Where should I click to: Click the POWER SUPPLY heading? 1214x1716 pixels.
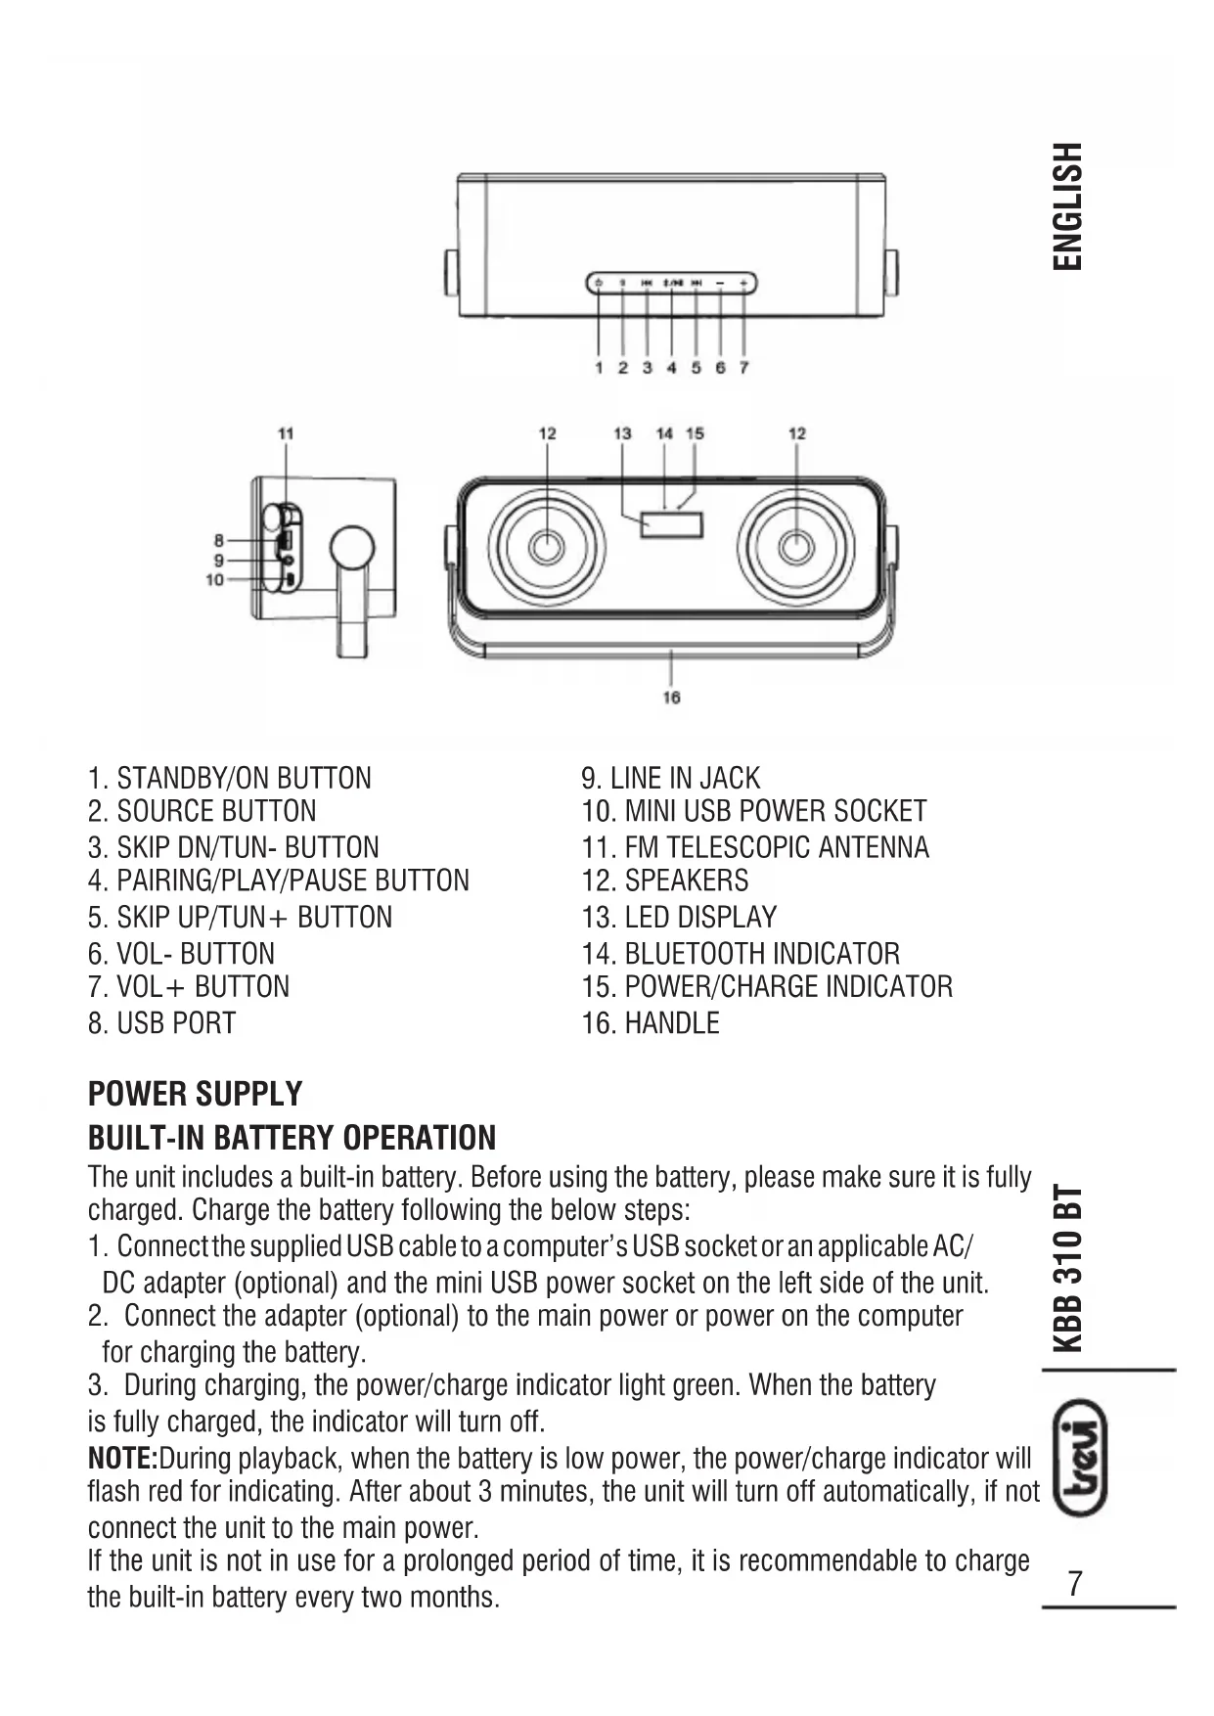(195, 1094)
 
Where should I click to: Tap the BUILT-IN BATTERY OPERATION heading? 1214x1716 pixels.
(292, 1138)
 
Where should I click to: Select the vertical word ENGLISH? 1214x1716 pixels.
(1067, 206)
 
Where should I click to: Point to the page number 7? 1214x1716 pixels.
(1075, 1583)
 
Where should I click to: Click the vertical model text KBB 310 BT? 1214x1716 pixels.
(1068, 1268)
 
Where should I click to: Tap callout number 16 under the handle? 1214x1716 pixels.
(671, 698)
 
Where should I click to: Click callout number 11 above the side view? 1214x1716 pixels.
(285, 433)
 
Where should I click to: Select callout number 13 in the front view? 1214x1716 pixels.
(622, 433)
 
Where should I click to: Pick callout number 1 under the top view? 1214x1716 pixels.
(599, 368)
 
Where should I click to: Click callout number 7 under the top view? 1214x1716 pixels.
(744, 368)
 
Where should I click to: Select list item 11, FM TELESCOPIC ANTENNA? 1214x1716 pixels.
(755, 847)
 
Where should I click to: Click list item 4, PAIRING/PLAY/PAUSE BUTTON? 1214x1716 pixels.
(279, 881)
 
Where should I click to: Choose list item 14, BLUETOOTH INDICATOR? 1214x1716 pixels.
(741, 954)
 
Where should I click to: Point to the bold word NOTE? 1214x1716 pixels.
(123, 1459)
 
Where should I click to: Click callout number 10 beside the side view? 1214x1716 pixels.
(214, 580)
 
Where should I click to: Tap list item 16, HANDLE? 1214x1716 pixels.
(651, 1023)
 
